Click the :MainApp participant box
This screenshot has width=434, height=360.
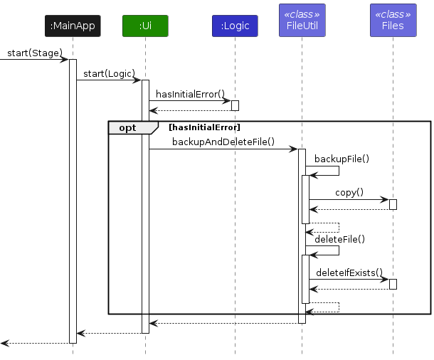[72, 26]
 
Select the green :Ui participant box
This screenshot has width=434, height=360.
[145, 26]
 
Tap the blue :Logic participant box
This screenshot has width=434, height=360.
[235, 26]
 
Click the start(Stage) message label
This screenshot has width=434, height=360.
[35, 53]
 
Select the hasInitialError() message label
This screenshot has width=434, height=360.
[190, 94]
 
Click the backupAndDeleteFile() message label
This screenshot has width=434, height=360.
[223, 142]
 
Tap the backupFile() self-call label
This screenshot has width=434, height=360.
[342, 159]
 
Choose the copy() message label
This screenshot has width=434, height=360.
[349, 192]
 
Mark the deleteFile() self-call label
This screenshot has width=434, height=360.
[339, 239]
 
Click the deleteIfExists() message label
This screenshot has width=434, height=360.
[349, 272]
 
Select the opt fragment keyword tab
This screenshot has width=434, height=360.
[129, 127]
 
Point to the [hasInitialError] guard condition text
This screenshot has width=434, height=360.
[204, 127]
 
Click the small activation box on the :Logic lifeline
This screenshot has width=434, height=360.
[235, 105]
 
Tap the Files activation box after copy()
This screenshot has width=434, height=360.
[393, 204]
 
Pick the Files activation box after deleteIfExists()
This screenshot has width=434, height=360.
[393, 284]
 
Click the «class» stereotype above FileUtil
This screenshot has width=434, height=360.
[302, 14]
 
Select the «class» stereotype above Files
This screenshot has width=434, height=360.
[392, 14]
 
